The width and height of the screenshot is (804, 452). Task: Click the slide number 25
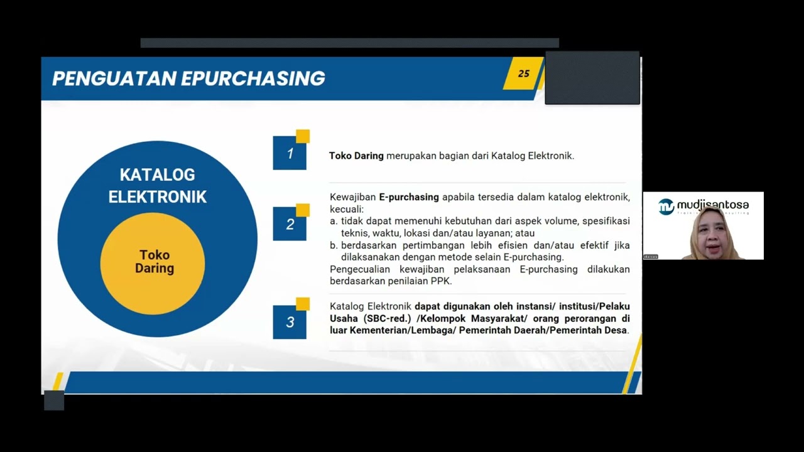[524, 73]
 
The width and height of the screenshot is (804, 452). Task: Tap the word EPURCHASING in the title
[253, 78]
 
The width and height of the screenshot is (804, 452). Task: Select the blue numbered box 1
[290, 153]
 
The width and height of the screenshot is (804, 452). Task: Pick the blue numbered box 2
[290, 224]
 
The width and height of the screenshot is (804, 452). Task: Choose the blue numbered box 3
[290, 322]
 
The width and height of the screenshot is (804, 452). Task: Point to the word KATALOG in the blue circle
[157, 175]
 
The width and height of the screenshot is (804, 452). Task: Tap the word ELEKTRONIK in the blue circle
[157, 197]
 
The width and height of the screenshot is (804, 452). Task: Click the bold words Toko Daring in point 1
[356, 156]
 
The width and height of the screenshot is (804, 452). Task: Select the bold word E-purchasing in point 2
[409, 197]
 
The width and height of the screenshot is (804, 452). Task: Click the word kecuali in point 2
[346, 209]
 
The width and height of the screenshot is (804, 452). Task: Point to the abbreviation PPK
[441, 281]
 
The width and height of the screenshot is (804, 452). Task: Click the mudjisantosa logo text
[712, 205]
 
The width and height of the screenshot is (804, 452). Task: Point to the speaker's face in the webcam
[711, 233]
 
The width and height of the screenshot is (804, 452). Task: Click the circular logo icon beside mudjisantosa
[666, 207]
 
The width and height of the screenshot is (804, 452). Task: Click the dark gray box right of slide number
[592, 78]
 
